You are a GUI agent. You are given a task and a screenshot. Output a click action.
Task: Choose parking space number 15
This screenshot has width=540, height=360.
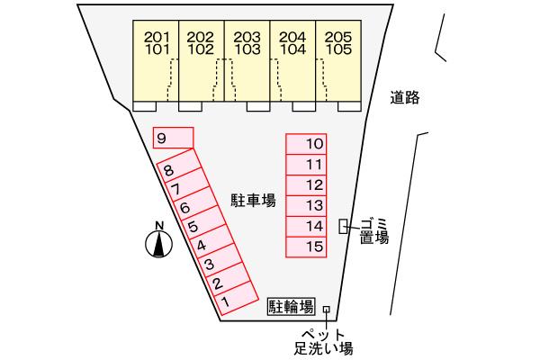tap(306, 247)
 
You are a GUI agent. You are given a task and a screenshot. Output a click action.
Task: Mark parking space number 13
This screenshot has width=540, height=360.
tap(306, 205)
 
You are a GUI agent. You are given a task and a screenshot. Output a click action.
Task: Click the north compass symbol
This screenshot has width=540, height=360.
tap(159, 243)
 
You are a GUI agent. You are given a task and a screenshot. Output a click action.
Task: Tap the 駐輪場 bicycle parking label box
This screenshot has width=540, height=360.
tap(292, 307)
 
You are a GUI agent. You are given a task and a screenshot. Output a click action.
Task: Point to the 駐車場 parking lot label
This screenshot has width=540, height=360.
tap(253, 200)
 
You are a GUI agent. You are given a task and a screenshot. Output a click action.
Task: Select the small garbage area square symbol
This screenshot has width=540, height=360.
tap(343, 227)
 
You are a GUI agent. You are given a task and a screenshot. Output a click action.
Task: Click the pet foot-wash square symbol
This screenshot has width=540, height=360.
tap(326, 310)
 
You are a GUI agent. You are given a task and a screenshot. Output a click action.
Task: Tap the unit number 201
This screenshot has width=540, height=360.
tap(157, 37)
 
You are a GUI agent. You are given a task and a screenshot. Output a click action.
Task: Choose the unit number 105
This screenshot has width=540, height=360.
tap(337, 50)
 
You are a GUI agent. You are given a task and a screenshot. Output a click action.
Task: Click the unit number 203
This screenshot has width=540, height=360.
tap(247, 37)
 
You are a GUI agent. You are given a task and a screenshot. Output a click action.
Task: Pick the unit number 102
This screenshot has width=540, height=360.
tap(202, 50)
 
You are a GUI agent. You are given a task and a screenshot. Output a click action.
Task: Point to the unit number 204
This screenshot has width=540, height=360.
tap(292, 37)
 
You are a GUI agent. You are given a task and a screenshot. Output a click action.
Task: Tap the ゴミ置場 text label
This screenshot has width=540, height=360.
tap(373, 230)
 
